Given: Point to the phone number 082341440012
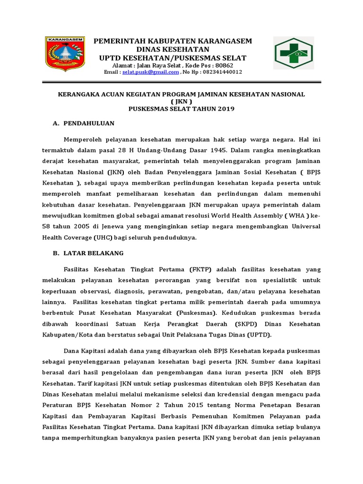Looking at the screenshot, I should coord(216,72).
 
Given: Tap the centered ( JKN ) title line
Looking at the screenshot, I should coord(181,102).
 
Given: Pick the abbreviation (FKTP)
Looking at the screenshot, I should coord(202,270).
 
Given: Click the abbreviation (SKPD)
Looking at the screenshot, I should coord(247,324).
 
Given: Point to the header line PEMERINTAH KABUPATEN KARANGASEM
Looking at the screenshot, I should coord(173,42).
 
